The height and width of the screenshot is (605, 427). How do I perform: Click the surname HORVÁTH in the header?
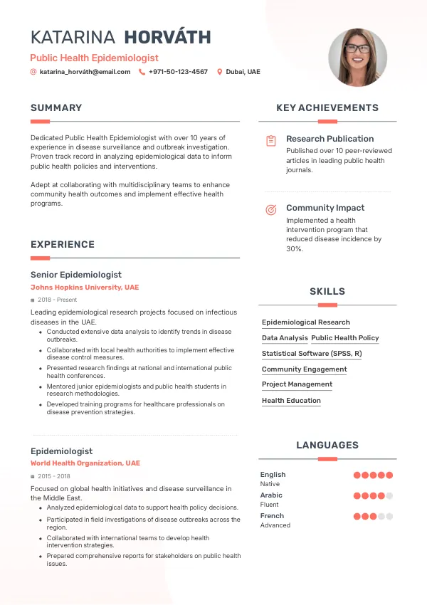167,38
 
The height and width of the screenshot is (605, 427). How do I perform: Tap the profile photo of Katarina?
357,58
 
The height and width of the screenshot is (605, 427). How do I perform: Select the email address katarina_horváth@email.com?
85,72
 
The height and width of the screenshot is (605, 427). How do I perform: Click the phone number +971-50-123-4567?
178,72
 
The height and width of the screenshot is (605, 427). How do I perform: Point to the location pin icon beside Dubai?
219,72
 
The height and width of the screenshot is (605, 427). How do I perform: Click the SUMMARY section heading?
56,108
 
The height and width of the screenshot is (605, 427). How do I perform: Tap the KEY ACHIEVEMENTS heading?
327,108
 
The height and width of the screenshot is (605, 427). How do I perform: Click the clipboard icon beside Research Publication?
270,141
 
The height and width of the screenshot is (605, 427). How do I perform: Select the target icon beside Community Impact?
270,210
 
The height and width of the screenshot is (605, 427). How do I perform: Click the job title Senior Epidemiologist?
76,275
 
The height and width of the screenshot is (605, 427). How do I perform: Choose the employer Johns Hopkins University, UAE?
85,288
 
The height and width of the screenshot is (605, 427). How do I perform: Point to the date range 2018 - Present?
57,300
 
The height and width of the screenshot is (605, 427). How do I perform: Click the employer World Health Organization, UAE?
85,463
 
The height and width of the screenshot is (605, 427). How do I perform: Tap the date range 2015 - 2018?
53,476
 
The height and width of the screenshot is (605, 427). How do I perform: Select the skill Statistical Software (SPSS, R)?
312,354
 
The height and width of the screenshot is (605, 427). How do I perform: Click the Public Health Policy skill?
345,338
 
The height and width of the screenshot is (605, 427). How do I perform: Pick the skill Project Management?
297,384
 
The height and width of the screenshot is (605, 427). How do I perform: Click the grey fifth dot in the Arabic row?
389,496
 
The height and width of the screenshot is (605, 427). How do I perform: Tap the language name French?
272,516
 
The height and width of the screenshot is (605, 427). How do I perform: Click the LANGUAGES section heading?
327,446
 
